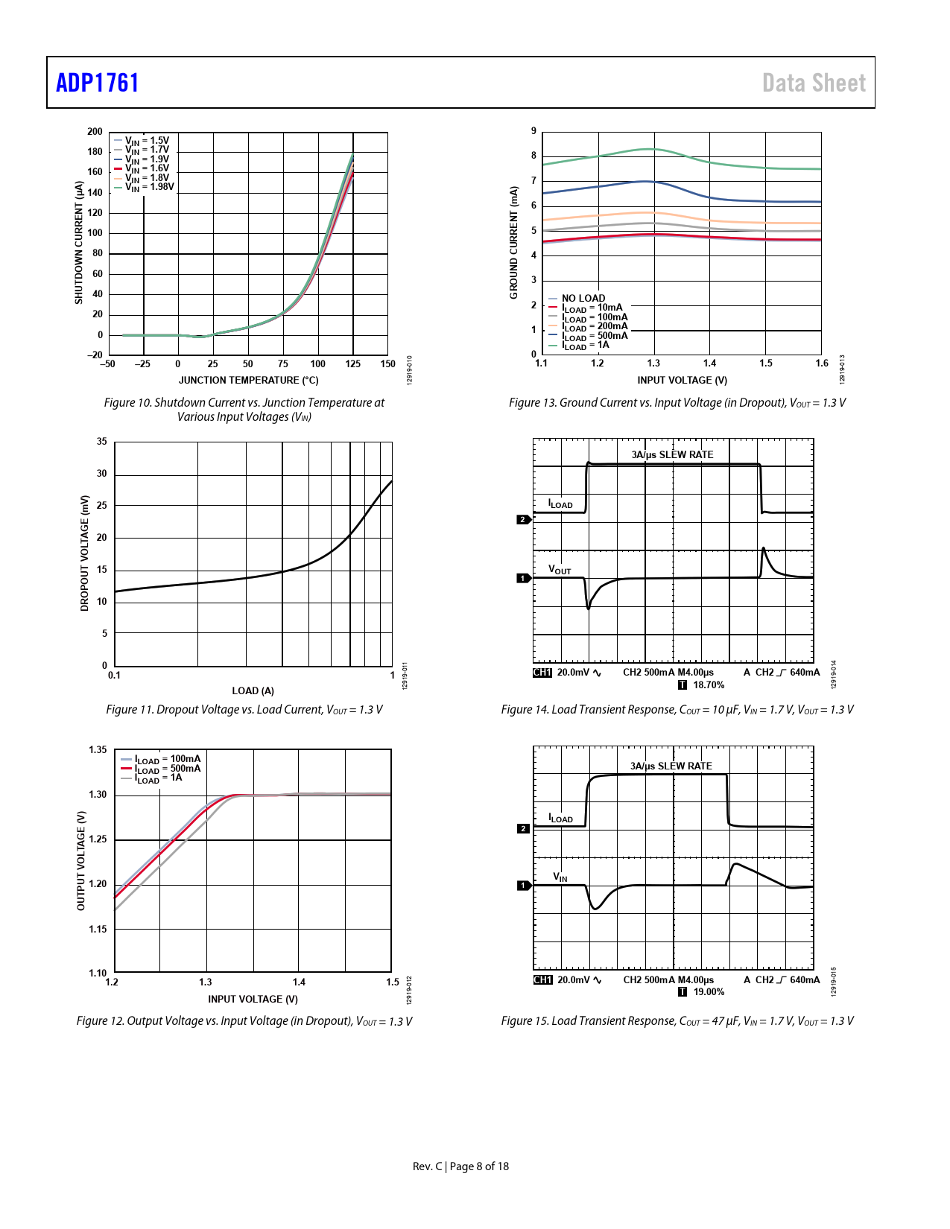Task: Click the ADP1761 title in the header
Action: coord(98,83)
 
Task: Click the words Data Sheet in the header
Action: coord(814,83)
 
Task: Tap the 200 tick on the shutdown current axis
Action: coord(95,132)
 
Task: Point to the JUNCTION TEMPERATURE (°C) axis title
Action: coord(248,380)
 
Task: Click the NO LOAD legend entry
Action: coord(583,298)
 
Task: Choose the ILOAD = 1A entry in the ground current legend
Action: coord(586,345)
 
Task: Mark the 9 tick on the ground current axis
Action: coord(533,131)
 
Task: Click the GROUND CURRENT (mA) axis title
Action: coord(513,243)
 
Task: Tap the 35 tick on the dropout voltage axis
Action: coord(102,442)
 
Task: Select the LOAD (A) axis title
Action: coord(253,690)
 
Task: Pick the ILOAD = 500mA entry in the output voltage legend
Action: coord(168,769)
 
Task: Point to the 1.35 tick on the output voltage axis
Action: coord(98,750)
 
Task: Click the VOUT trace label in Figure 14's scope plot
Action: coord(560,570)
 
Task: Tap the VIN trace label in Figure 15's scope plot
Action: coord(560,877)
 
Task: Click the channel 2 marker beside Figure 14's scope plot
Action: coord(523,519)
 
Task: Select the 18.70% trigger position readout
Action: coord(708,685)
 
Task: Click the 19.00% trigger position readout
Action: coord(708,992)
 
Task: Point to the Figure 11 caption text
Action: coord(244,710)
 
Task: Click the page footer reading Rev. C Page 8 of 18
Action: coord(460,1166)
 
